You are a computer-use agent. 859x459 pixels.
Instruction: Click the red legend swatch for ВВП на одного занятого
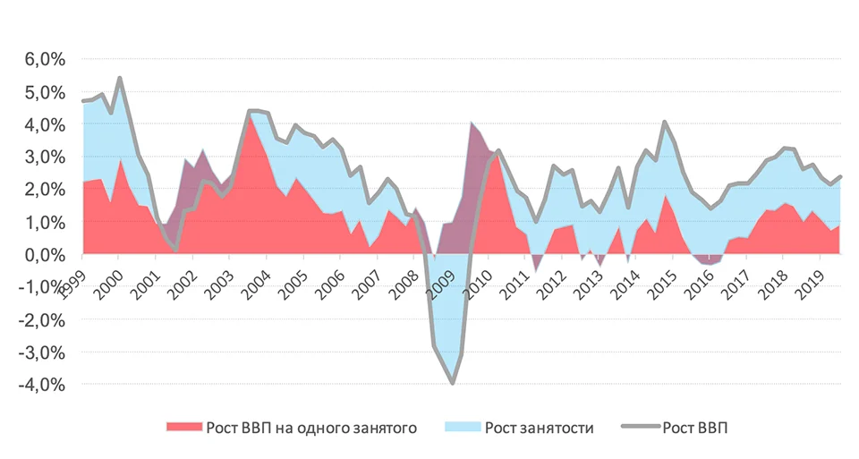(x=183, y=428)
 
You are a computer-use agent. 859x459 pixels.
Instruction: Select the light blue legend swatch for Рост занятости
(x=468, y=428)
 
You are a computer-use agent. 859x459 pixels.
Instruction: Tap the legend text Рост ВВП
(x=695, y=428)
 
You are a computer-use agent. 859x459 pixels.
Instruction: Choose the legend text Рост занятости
(x=539, y=428)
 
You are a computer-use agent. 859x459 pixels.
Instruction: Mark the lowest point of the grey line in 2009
(x=453, y=383)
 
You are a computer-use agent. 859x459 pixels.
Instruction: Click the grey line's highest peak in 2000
(x=120, y=78)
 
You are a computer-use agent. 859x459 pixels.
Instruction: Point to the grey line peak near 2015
(x=665, y=122)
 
